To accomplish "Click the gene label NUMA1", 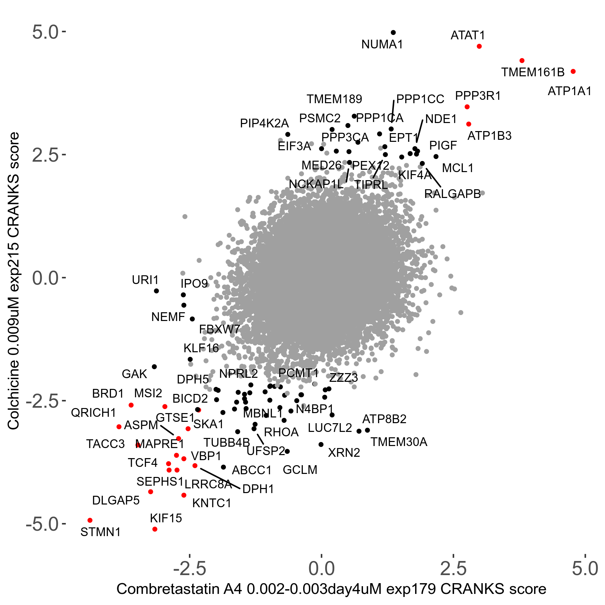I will [382, 44].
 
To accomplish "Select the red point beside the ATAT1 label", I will [479, 46].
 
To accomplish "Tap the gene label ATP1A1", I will [569, 91].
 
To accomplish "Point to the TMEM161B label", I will [533, 72].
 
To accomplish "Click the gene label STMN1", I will [100, 532].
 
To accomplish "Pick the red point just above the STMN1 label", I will [90, 520].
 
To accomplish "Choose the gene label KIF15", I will [166, 518].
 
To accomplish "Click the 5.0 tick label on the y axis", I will [46, 32].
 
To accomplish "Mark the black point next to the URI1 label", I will [156, 291].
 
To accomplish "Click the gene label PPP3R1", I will [478, 96].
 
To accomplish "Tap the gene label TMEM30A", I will [399, 442].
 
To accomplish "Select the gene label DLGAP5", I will [116, 500].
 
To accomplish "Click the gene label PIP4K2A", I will [264, 124].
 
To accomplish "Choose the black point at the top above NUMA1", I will [393, 33].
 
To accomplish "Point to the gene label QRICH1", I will [93, 413].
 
